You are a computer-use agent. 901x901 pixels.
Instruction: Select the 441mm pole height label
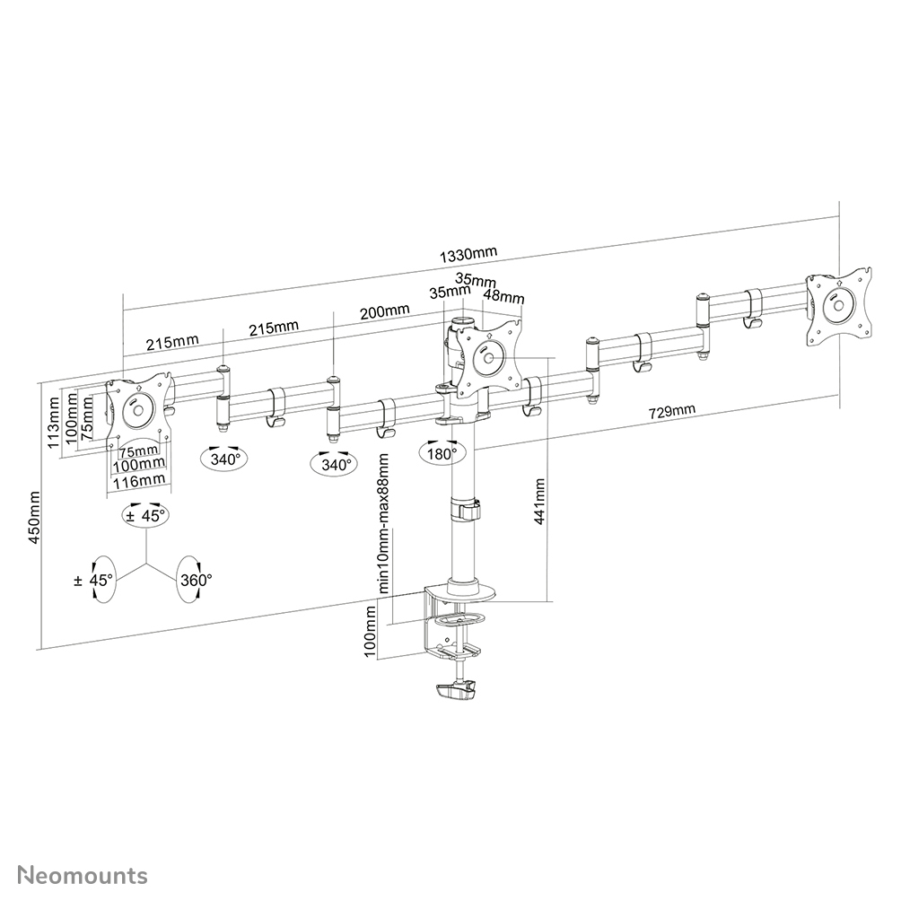(x=540, y=503)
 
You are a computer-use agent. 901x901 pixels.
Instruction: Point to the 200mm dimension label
(x=384, y=311)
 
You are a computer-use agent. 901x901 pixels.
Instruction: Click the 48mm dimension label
(x=504, y=296)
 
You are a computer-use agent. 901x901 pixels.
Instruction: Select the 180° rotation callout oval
(x=442, y=454)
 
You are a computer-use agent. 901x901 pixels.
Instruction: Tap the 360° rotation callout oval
(x=195, y=581)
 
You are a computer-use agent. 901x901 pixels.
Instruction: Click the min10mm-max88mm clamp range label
(x=383, y=523)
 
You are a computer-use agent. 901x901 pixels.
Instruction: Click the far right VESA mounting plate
(x=839, y=304)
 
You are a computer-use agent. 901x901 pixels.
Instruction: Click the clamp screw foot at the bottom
(x=457, y=691)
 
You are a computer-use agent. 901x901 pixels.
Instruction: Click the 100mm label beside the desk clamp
(x=369, y=632)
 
